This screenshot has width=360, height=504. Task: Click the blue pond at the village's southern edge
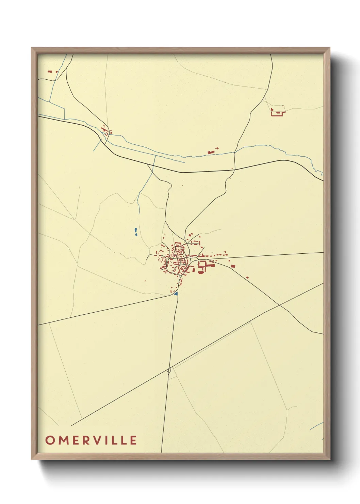click(x=176, y=293)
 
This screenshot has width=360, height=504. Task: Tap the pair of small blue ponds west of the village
click(x=136, y=232)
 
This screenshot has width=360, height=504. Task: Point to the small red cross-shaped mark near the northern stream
click(x=217, y=148)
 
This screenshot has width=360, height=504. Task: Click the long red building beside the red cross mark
click(x=210, y=152)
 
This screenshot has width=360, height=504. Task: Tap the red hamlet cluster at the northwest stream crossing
click(x=105, y=130)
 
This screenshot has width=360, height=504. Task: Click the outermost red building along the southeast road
click(x=247, y=278)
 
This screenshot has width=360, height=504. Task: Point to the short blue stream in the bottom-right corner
click(x=316, y=426)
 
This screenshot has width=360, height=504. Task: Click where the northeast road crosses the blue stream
click(x=234, y=153)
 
